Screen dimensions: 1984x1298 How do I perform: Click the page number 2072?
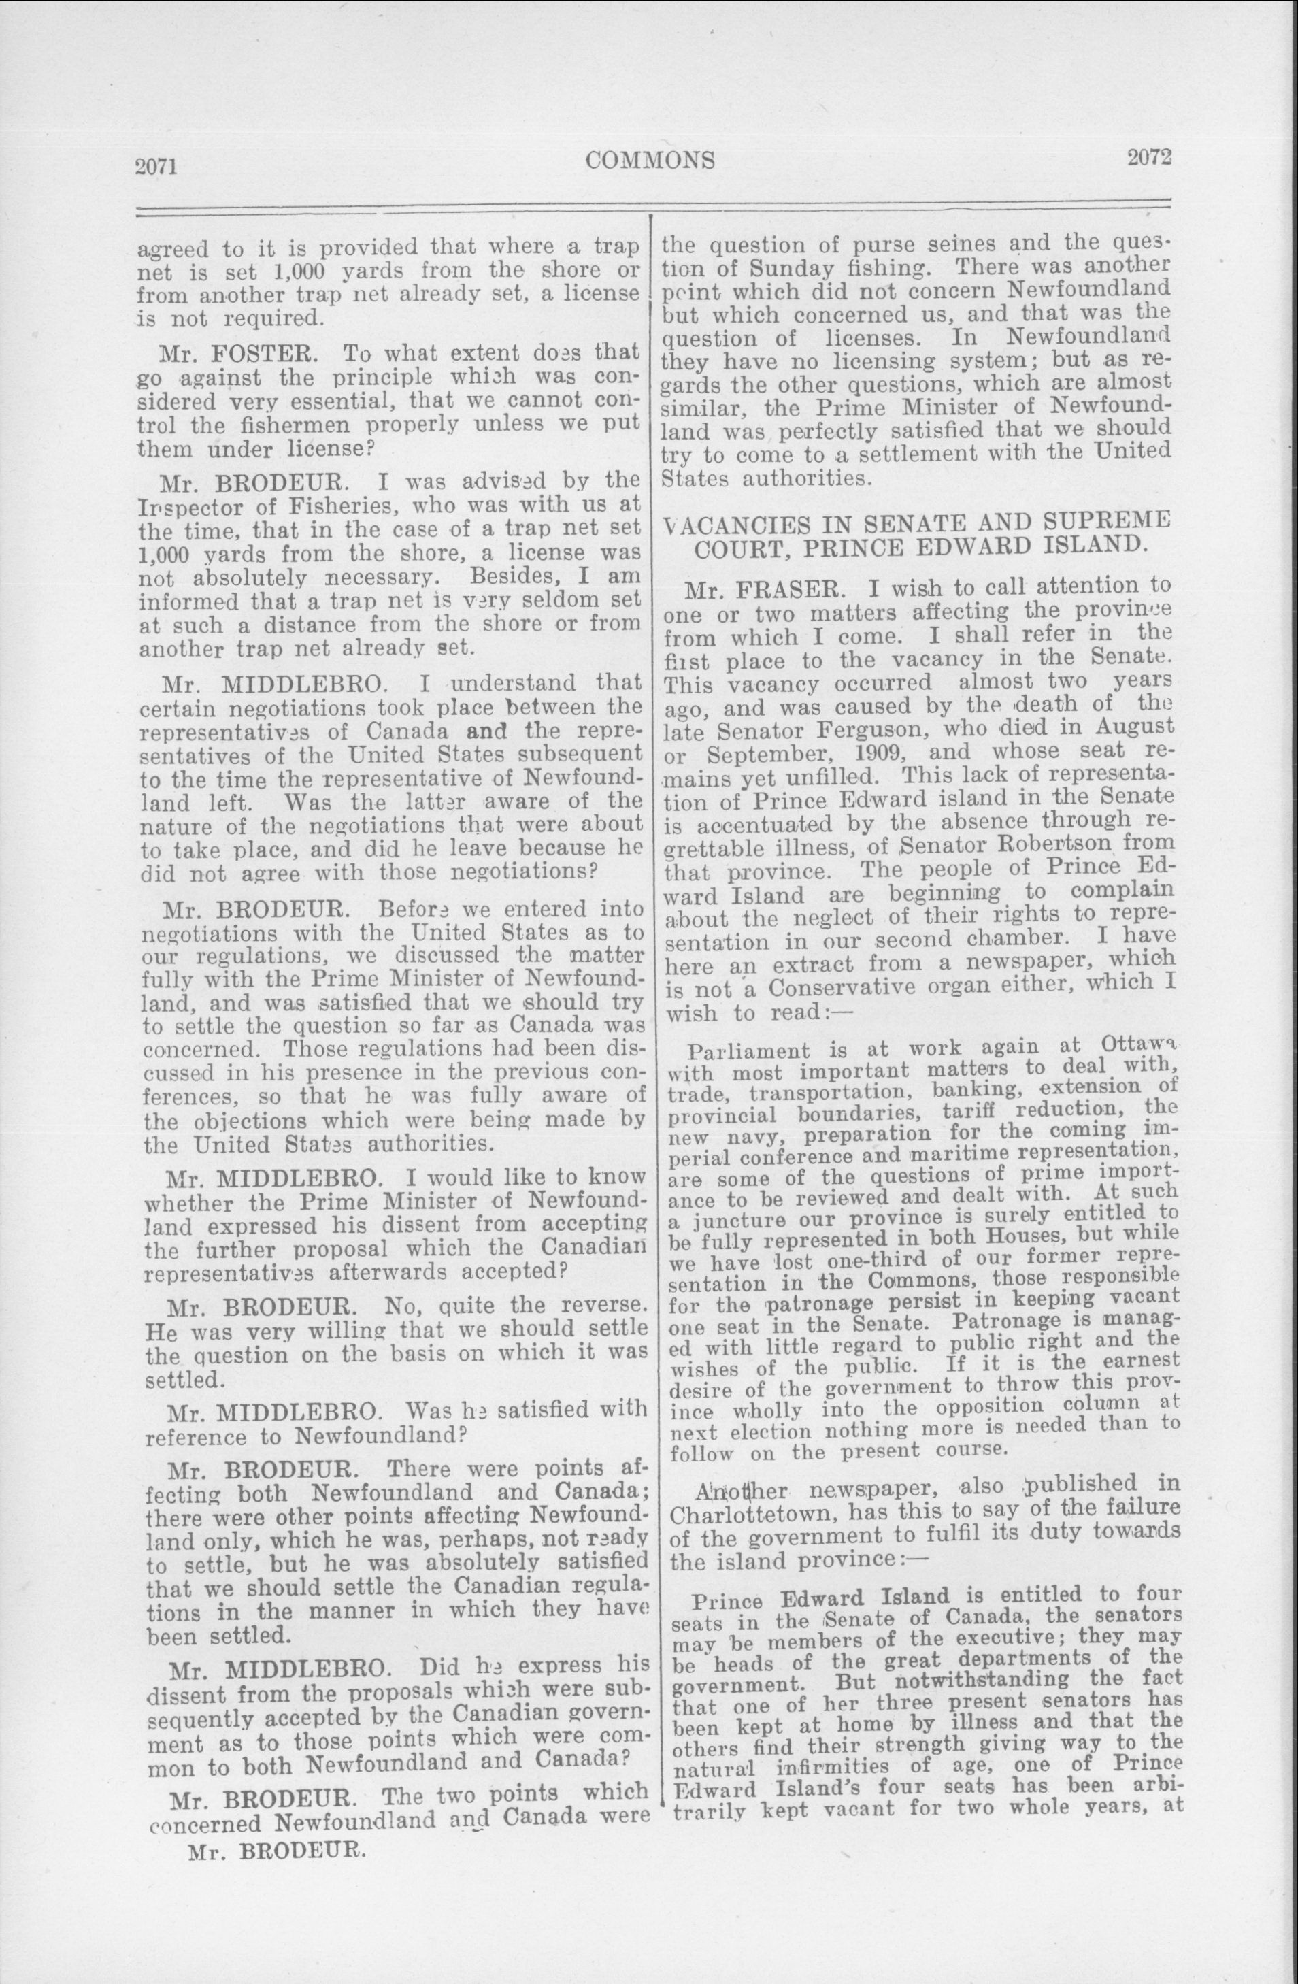pyautogui.click(x=1150, y=158)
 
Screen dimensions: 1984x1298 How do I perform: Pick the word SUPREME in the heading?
pyautogui.click(x=1110, y=520)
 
